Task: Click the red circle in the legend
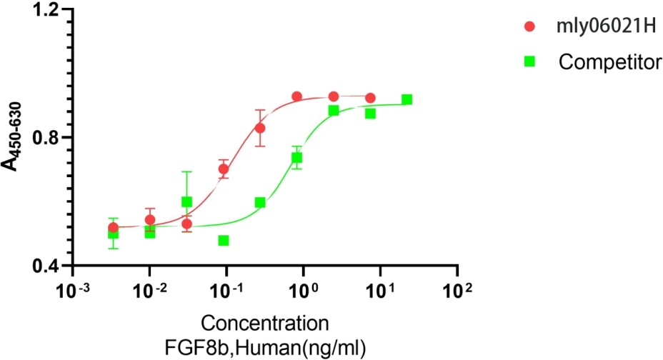[529, 27]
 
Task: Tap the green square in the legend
[529, 61]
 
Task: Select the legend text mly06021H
[597, 27]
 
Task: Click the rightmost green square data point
[407, 99]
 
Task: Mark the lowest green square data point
[224, 240]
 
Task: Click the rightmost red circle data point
[370, 98]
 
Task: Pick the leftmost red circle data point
[113, 227]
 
